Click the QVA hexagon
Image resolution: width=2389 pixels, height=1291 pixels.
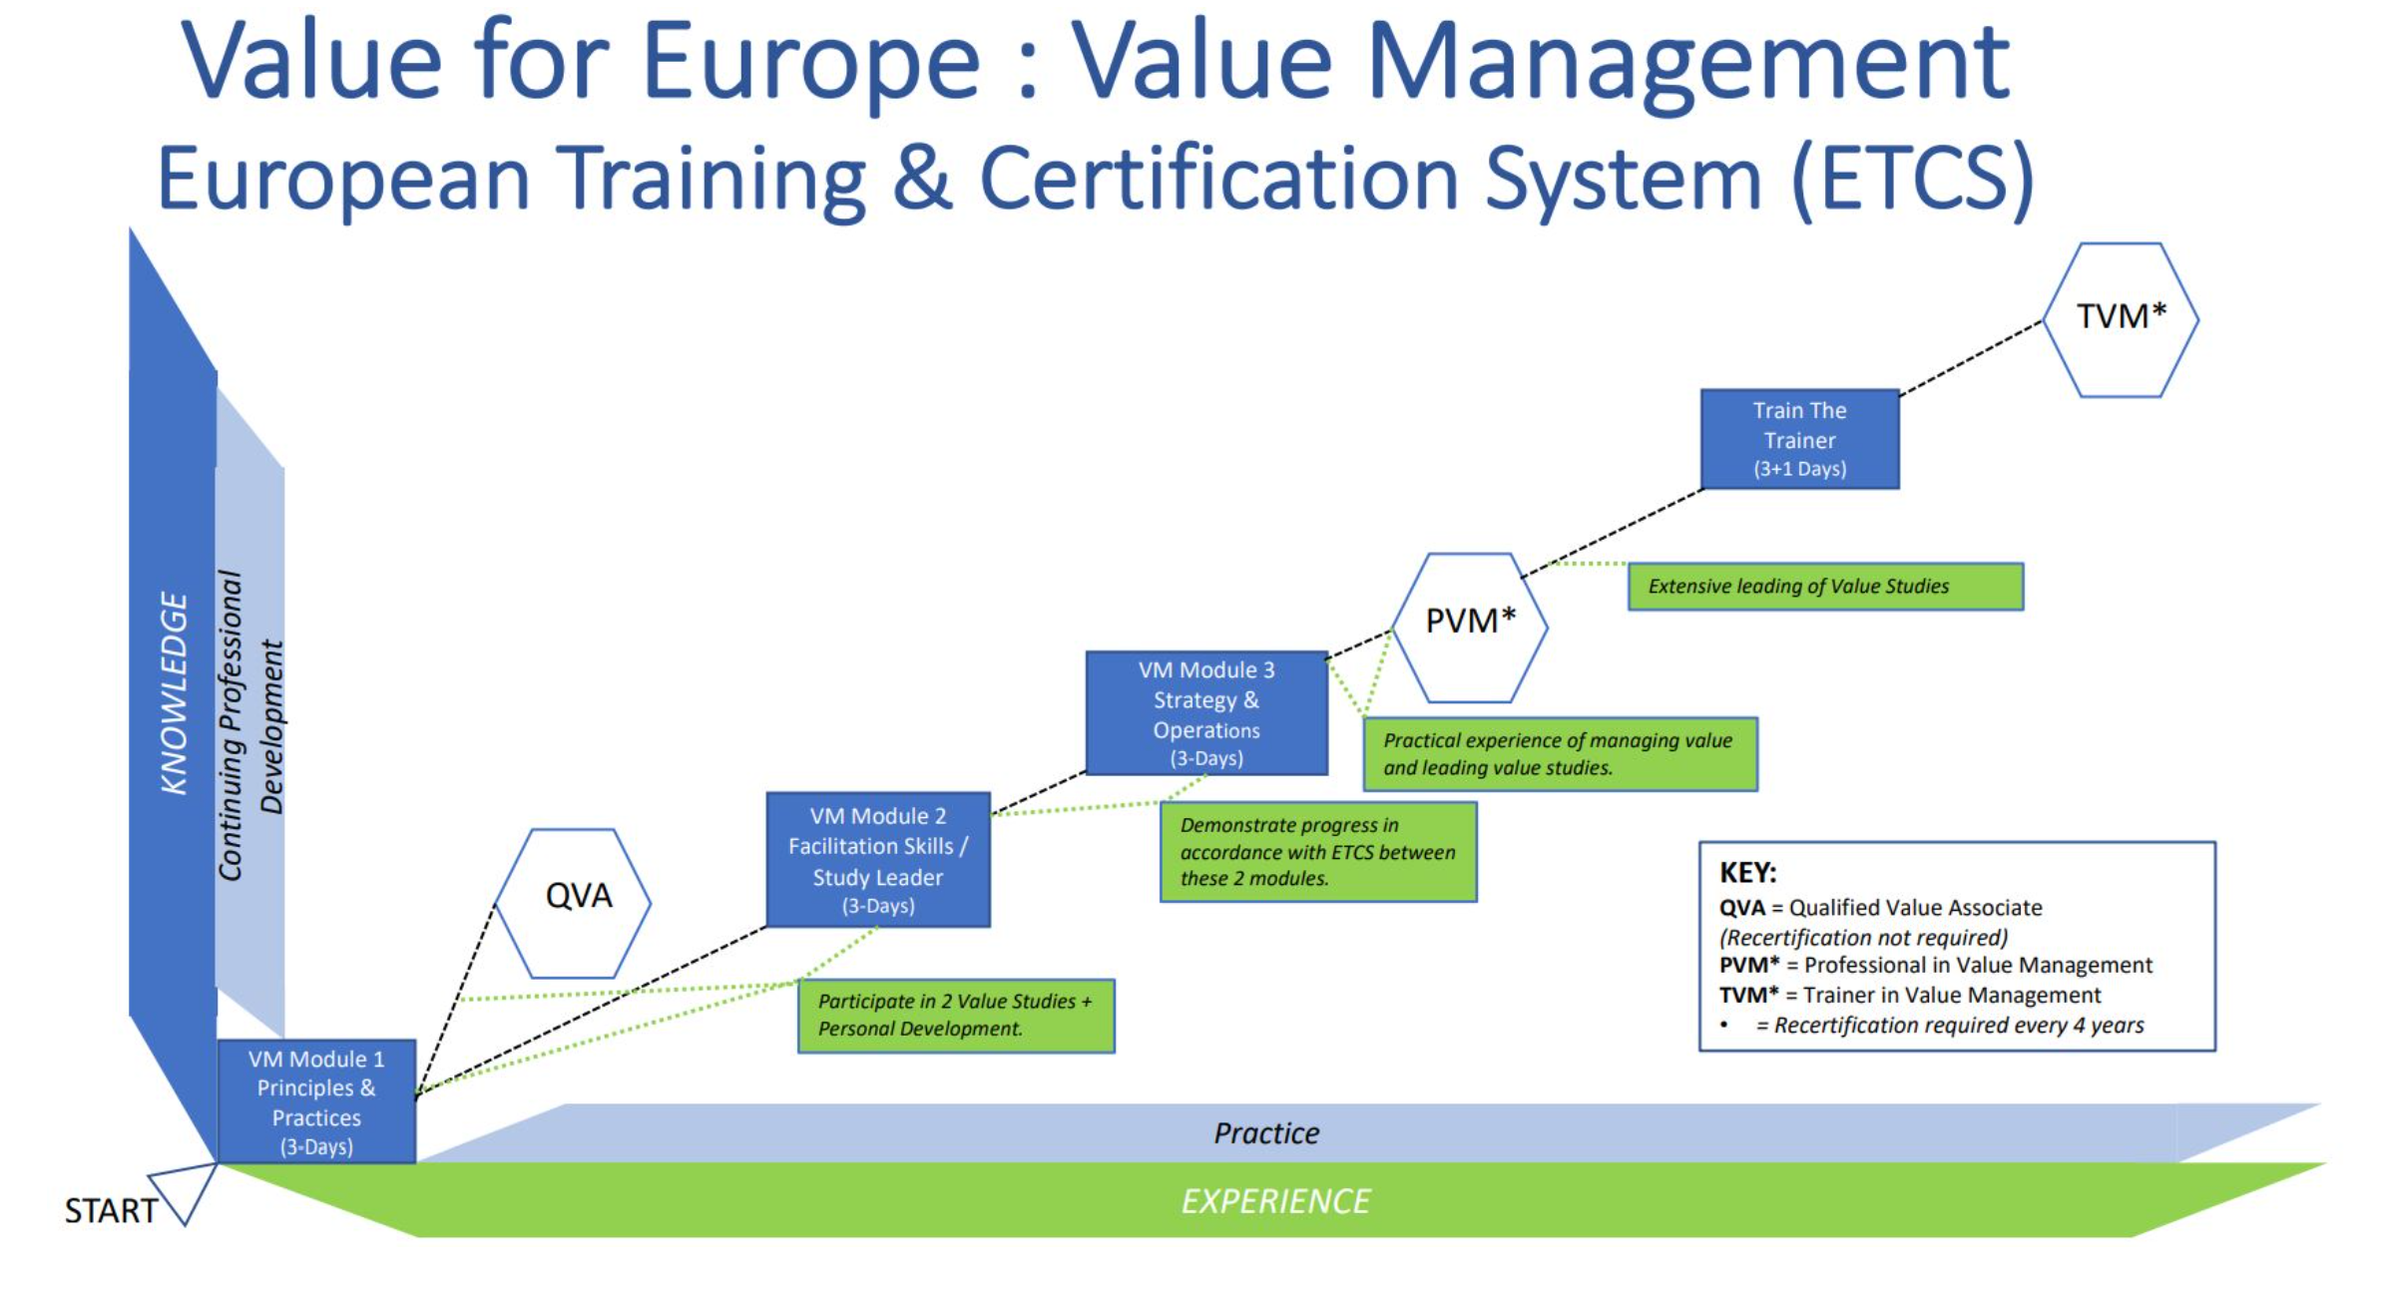tap(573, 903)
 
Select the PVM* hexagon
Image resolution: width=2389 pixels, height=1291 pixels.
tap(1469, 628)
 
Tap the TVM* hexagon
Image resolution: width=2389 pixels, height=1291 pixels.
tap(2121, 319)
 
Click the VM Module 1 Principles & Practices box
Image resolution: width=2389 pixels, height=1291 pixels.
tap(316, 1101)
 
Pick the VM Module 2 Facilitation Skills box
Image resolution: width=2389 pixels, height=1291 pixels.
tap(878, 860)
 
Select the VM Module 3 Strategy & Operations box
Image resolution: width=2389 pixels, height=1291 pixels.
tap(1206, 713)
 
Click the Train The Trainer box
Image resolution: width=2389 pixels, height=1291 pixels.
tap(1799, 439)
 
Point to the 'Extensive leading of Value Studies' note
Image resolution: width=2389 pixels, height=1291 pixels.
tap(1825, 587)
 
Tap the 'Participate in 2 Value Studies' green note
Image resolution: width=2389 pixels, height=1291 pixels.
tap(956, 1016)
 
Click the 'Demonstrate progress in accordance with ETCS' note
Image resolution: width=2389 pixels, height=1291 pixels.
tap(1317, 852)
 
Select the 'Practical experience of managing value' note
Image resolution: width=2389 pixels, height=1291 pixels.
tap(1560, 754)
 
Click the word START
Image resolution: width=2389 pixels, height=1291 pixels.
tap(111, 1211)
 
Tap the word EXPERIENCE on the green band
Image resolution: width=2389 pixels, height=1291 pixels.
tap(1275, 1201)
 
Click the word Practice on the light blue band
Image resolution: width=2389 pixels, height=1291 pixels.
tap(1266, 1133)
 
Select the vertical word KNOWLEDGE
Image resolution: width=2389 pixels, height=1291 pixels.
tap(174, 693)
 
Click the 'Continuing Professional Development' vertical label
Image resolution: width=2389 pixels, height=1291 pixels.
tap(250, 725)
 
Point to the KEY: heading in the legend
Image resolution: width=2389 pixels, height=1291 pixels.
tap(1747, 873)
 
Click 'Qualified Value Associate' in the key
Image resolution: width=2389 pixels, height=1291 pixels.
tap(1915, 908)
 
